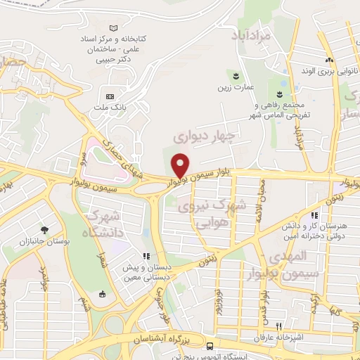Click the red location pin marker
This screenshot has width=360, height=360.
pyautogui.click(x=181, y=165)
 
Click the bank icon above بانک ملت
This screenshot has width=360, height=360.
pyautogui.click(x=109, y=96)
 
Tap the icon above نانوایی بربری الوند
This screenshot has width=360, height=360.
pyautogui.click(x=329, y=60)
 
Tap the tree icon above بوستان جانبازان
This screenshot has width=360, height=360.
pyautogui.click(x=44, y=230)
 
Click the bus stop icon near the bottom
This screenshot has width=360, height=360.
pyautogui.click(x=210, y=345)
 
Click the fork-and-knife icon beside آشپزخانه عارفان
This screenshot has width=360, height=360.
pyautogui.click(x=279, y=326)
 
